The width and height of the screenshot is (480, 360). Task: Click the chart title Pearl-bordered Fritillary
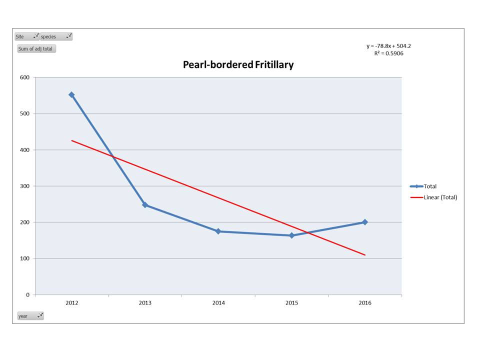238,64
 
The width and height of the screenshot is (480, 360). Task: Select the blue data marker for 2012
71,94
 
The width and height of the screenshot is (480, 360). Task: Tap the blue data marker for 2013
145,205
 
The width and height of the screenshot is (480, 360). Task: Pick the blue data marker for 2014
218,231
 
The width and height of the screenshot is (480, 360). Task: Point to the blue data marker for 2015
291,235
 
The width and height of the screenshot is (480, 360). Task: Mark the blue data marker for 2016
365,222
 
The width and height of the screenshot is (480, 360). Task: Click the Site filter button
27,36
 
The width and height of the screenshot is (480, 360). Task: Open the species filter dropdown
56,36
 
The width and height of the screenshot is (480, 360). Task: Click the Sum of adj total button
36,48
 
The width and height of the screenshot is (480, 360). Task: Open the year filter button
30,316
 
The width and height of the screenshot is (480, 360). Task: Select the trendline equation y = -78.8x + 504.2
388,46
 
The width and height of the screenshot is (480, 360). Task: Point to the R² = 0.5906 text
388,53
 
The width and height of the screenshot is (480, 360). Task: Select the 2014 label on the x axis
218,303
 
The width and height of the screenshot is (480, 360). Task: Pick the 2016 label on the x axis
365,303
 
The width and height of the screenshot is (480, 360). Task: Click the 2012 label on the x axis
71,303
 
